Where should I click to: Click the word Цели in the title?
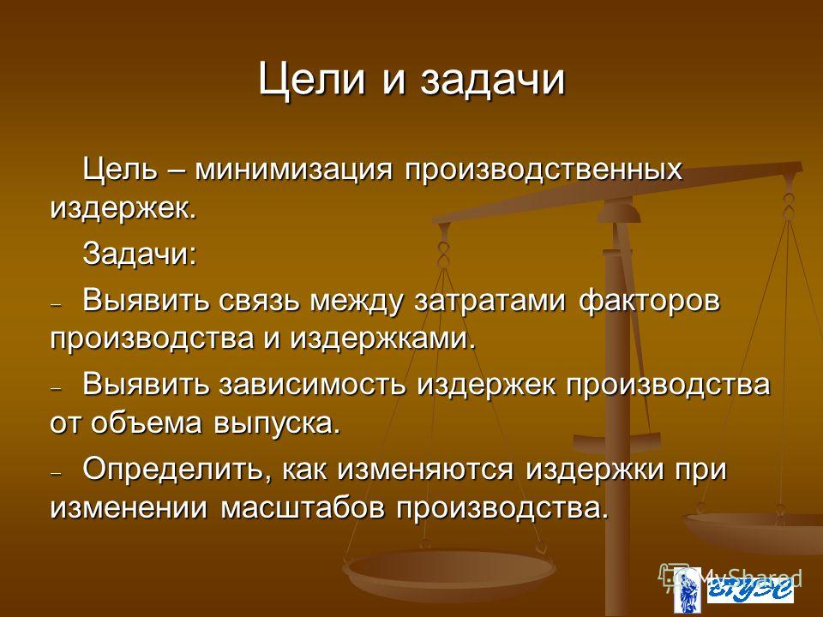click(311, 81)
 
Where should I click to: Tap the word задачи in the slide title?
click(493, 81)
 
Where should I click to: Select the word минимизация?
click(293, 170)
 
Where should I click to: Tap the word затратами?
click(490, 302)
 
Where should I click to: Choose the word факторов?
click(649, 301)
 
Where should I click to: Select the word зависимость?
click(312, 385)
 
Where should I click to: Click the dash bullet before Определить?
click(57, 473)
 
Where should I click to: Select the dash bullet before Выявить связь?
click(57, 305)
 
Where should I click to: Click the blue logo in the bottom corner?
click(734, 590)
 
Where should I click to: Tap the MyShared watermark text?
click(751, 578)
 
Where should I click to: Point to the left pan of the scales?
click(448, 572)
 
